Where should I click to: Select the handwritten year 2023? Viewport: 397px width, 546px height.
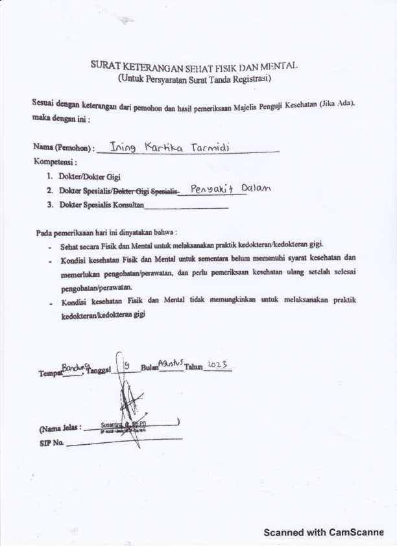[217, 366]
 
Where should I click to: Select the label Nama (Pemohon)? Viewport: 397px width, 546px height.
[64, 148]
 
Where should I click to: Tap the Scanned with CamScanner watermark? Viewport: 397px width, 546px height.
[323, 532]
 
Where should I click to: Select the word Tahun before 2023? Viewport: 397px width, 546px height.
[193, 367]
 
